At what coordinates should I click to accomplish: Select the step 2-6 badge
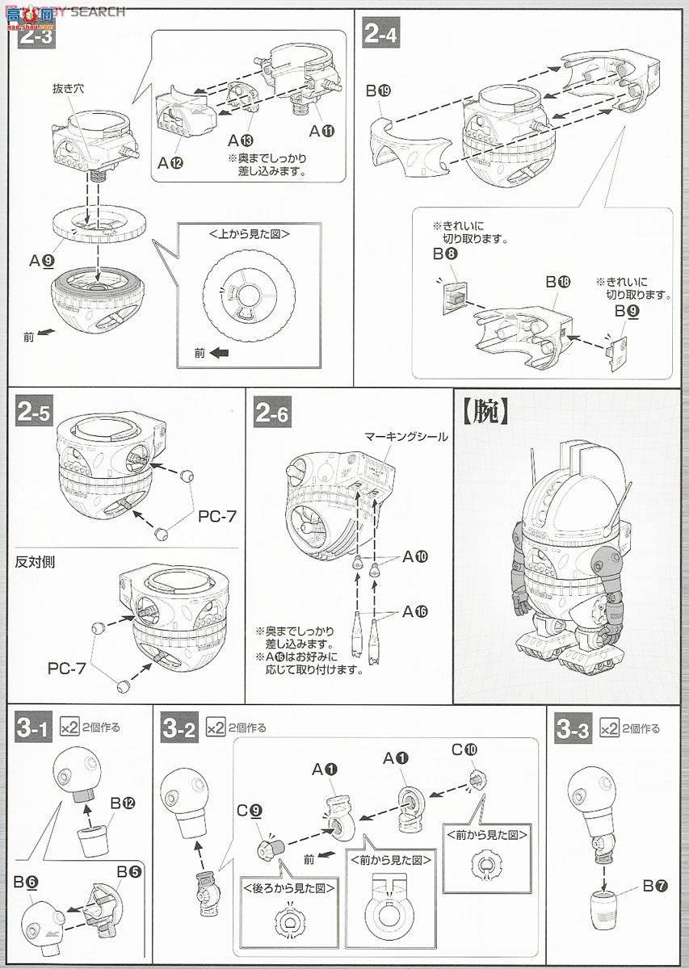pos(272,413)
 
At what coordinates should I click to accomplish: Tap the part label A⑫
pos(170,162)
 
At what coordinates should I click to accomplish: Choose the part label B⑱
pos(557,282)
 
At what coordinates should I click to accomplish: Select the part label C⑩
pos(465,749)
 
